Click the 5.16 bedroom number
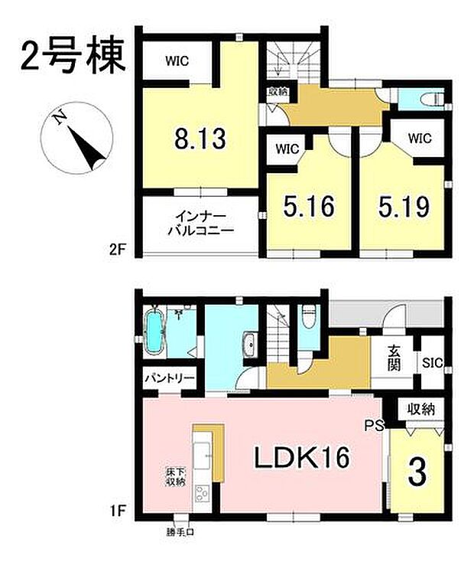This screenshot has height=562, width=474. click(x=310, y=207)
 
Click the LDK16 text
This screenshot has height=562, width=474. click(x=302, y=458)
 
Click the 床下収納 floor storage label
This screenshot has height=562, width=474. click(x=174, y=477)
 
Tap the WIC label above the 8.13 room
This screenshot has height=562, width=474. click(x=177, y=60)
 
